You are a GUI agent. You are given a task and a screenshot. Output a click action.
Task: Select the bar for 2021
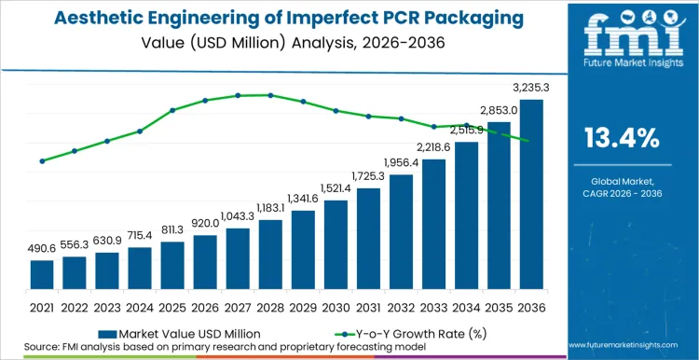42,274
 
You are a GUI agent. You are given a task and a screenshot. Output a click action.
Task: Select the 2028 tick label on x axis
270,307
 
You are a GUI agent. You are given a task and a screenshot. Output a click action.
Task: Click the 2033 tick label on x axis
433,307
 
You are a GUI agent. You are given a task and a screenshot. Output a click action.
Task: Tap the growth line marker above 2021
42,161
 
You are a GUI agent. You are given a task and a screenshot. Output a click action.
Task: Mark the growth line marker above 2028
270,95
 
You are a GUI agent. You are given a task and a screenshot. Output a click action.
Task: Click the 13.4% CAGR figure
622,139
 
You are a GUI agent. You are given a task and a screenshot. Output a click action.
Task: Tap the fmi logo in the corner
621,37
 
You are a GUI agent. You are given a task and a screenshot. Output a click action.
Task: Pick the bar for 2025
172,265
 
